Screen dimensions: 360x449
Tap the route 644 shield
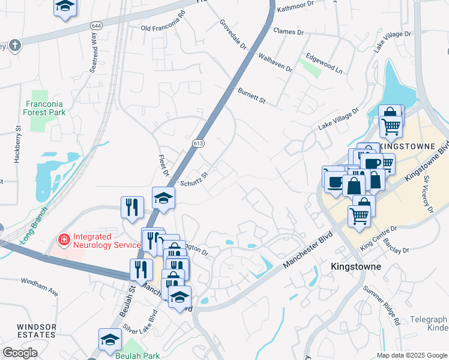click(x=96, y=25)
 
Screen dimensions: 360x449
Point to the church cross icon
click(x=14, y=44)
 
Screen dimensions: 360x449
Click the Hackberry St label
click(x=17, y=145)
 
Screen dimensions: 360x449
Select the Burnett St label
click(x=252, y=96)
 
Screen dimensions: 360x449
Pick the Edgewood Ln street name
click(x=324, y=65)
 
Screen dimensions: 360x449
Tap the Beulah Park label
click(x=138, y=355)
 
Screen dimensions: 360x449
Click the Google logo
click(x=20, y=353)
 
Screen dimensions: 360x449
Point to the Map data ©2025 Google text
click(x=412, y=355)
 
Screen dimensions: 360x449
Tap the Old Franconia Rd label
click(x=163, y=28)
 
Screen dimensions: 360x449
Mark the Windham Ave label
click(x=39, y=286)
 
